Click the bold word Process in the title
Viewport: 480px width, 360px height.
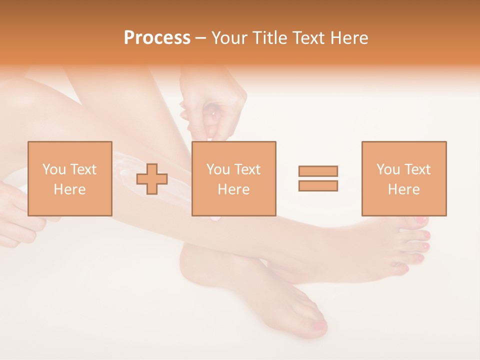coord(157,37)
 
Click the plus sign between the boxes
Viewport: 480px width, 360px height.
coord(152,179)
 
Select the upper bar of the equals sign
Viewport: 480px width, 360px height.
coord(318,171)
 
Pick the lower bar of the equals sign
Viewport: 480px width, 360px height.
coord(318,185)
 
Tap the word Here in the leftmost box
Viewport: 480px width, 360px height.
coord(69,189)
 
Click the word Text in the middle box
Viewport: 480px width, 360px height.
coord(247,169)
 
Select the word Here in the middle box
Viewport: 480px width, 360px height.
coord(233,189)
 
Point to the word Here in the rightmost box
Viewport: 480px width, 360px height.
coord(403,189)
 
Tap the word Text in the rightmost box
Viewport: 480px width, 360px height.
coord(417,169)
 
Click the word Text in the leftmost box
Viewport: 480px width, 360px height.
coord(83,169)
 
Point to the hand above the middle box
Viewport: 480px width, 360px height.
coord(215,110)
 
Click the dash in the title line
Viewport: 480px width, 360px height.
coord(201,38)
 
